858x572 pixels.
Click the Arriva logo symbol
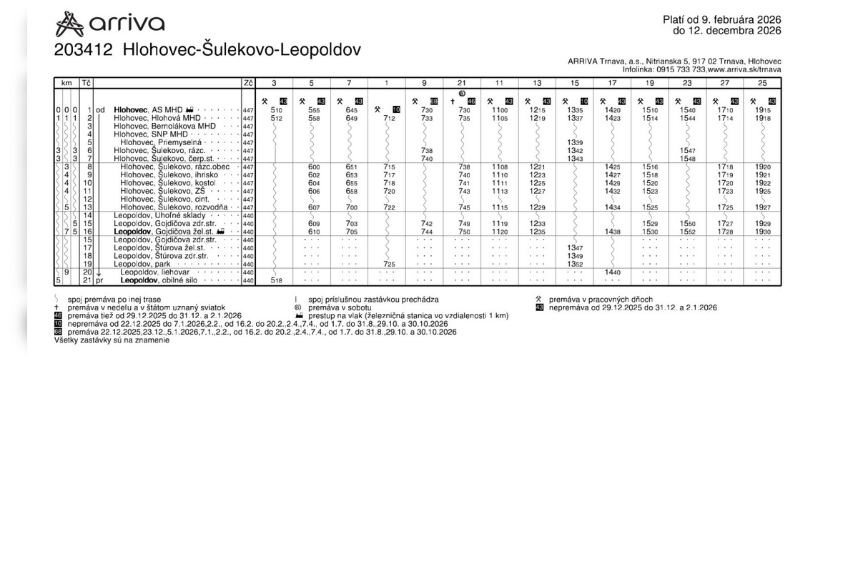coord(69,24)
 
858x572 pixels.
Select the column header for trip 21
coord(461,83)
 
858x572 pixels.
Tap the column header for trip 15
coord(574,83)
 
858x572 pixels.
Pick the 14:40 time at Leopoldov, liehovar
coord(612,272)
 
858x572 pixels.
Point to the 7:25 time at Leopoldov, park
coord(388,265)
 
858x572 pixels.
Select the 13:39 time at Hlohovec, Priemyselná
coord(575,142)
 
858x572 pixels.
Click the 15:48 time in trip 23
coord(687,159)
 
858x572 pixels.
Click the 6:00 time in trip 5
coord(313,167)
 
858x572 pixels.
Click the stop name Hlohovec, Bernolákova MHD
coord(164,126)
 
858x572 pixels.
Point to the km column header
coord(66,83)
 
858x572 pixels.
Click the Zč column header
coord(248,83)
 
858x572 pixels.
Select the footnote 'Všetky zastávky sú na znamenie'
coord(112,341)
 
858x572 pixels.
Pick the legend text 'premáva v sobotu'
coord(340,307)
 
